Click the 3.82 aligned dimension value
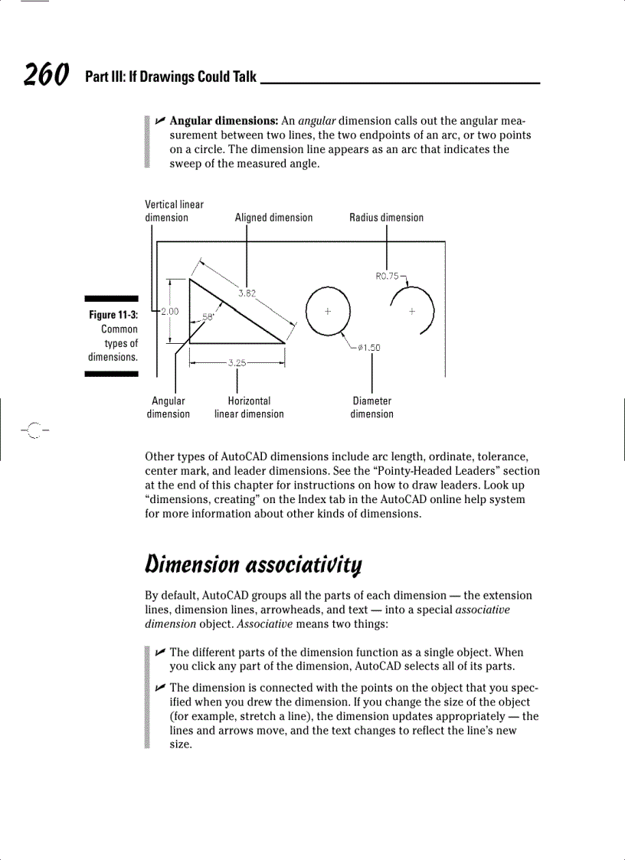(247, 293)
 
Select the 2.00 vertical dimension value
(169, 310)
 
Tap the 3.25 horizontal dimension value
(237, 362)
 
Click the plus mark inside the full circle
(328, 311)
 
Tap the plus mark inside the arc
(412, 311)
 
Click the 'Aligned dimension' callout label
(273, 217)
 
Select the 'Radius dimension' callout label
(386, 217)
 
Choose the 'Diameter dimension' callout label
(371, 407)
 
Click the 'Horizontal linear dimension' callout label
(249, 407)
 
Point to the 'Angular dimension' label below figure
(169, 407)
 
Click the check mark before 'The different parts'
(159, 652)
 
